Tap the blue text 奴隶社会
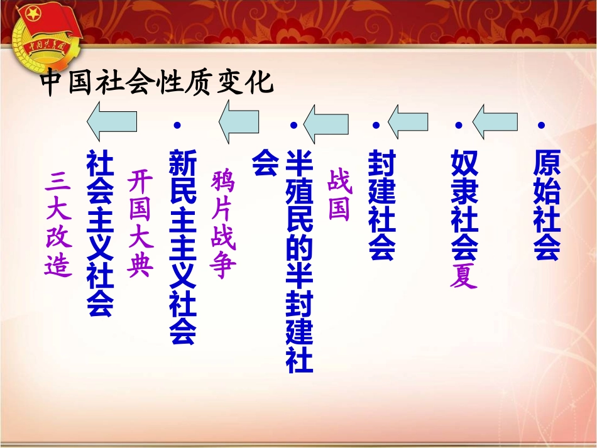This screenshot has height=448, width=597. click(464, 204)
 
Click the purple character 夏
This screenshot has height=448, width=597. click(464, 276)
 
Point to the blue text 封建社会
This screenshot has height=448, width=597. click(382, 204)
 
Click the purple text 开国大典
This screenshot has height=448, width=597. click(140, 224)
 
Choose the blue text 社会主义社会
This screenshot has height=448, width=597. click(101, 232)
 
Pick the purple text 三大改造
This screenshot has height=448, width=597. click(58, 224)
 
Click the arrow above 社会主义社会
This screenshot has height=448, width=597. click(112, 121)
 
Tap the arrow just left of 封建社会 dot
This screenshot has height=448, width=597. click(408, 121)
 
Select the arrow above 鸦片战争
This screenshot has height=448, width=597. click(239, 121)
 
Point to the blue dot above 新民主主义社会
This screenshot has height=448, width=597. click(177, 126)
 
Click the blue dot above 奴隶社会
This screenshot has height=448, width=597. click(458, 126)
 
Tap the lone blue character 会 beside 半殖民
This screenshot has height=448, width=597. click(265, 163)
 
